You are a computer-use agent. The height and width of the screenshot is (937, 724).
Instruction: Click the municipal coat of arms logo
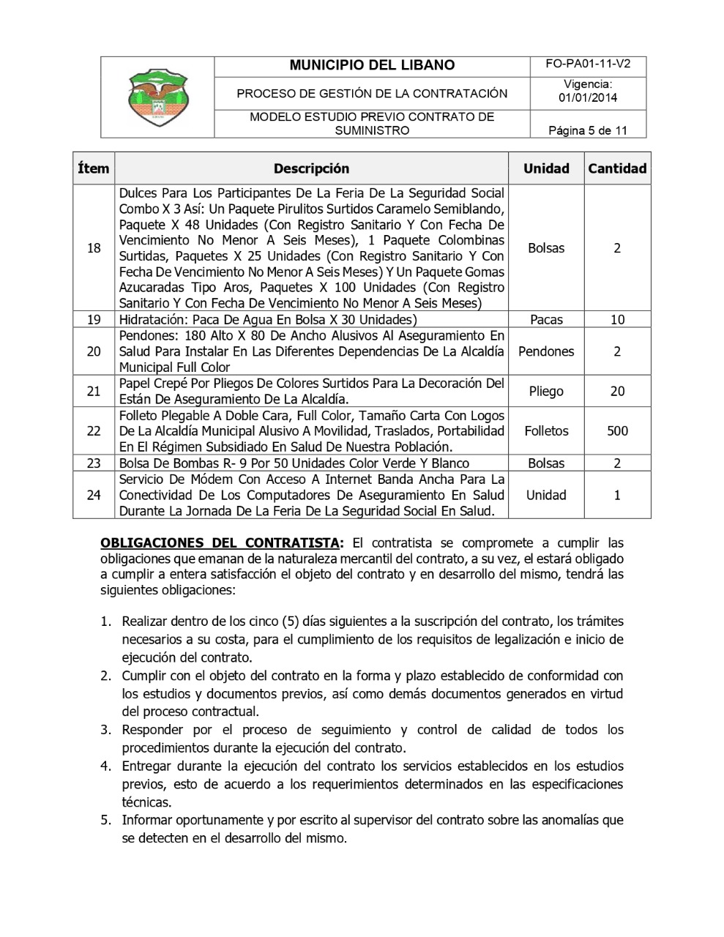coord(157,97)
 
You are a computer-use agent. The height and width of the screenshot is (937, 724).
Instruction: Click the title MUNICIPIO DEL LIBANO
coord(372,65)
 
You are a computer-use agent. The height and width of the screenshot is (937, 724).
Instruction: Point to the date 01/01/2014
coord(588,98)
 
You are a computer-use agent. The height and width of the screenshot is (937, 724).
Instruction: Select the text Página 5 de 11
coord(588,131)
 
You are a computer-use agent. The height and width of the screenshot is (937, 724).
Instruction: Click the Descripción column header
coord(311,168)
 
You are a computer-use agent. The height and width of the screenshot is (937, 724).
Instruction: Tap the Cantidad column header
coord(617,168)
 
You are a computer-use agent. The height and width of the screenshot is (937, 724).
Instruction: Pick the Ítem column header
coord(94,168)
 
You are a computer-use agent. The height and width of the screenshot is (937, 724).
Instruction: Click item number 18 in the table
coord(94,248)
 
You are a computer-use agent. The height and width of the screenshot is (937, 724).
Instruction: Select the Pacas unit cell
coord(546,320)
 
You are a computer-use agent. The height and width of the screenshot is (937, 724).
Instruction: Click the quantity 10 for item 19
coord(617,320)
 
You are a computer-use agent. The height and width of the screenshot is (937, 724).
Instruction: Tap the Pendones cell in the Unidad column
coord(546,351)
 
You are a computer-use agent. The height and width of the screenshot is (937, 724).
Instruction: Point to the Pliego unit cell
coord(546,391)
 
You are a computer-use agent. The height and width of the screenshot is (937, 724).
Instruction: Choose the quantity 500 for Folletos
coord(617,431)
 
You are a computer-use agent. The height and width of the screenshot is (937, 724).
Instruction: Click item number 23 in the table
coord(94,463)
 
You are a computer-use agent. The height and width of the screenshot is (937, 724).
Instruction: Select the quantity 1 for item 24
coord(617,495)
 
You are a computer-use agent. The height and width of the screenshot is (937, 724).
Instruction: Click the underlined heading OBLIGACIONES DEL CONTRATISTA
coord(220,543)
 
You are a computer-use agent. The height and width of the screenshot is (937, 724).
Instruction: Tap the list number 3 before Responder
coord(106,730)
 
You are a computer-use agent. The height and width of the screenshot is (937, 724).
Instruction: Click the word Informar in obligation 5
coord(147,820)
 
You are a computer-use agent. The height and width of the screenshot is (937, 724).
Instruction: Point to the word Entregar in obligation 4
coord(146,766)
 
